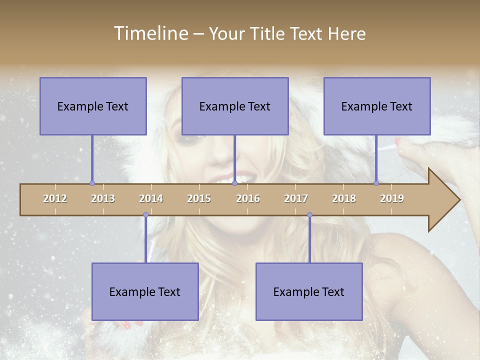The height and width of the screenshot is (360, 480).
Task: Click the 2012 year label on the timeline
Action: point(55,198)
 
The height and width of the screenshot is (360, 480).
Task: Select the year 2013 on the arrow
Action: point(103,198)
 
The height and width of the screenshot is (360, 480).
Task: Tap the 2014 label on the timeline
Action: point(151,198)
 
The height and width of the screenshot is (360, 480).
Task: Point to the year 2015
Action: point(199,198)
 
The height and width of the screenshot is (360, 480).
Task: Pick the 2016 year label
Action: point(248,198)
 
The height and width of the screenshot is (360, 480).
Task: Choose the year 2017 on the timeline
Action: point(296,198)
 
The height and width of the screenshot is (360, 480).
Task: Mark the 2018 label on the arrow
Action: point(344,198)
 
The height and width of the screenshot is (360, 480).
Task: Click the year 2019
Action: point(392,198)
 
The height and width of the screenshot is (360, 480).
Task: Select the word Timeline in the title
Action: point(150,33)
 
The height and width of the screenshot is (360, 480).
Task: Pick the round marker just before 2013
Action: point(92,183)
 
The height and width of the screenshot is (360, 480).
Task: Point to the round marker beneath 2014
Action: point(145,215)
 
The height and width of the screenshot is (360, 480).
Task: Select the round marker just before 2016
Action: point(234,183)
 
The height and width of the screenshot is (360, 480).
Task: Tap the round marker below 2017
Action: point(309,215)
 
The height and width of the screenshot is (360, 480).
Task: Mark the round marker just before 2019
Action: point(376,183)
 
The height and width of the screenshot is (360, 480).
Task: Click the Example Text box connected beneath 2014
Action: point(145,292)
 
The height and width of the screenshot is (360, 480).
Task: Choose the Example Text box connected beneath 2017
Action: point(309,292)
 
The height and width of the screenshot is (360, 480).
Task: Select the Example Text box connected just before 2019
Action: point(377,106)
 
